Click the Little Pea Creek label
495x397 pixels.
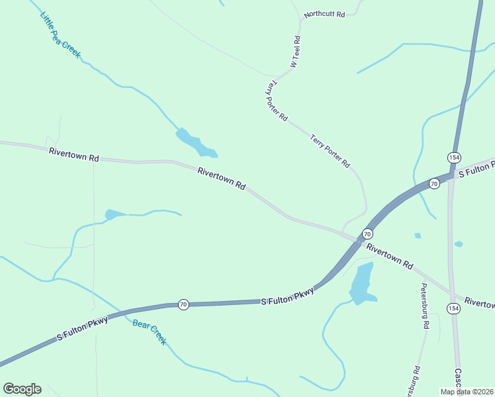(x=60, y=35)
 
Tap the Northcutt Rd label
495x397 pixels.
(x=325, y=14)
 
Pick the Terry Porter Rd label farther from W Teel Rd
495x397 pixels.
(x=330, y=151)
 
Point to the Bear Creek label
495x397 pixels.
(x=149, y=332)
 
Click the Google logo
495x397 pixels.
(x=22, y=388)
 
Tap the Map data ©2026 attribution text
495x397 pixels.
(x=467, y=392)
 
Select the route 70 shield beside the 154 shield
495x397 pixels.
(x=434, y=183)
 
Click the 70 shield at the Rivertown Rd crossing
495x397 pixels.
(x=367, y=234)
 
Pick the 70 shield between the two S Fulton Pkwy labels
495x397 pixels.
(x=183, y=304)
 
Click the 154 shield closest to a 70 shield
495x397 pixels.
(x=453, y=157)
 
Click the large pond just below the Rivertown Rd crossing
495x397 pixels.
(x=361, y=283)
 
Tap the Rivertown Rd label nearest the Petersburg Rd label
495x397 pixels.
(x=390, y=257)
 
